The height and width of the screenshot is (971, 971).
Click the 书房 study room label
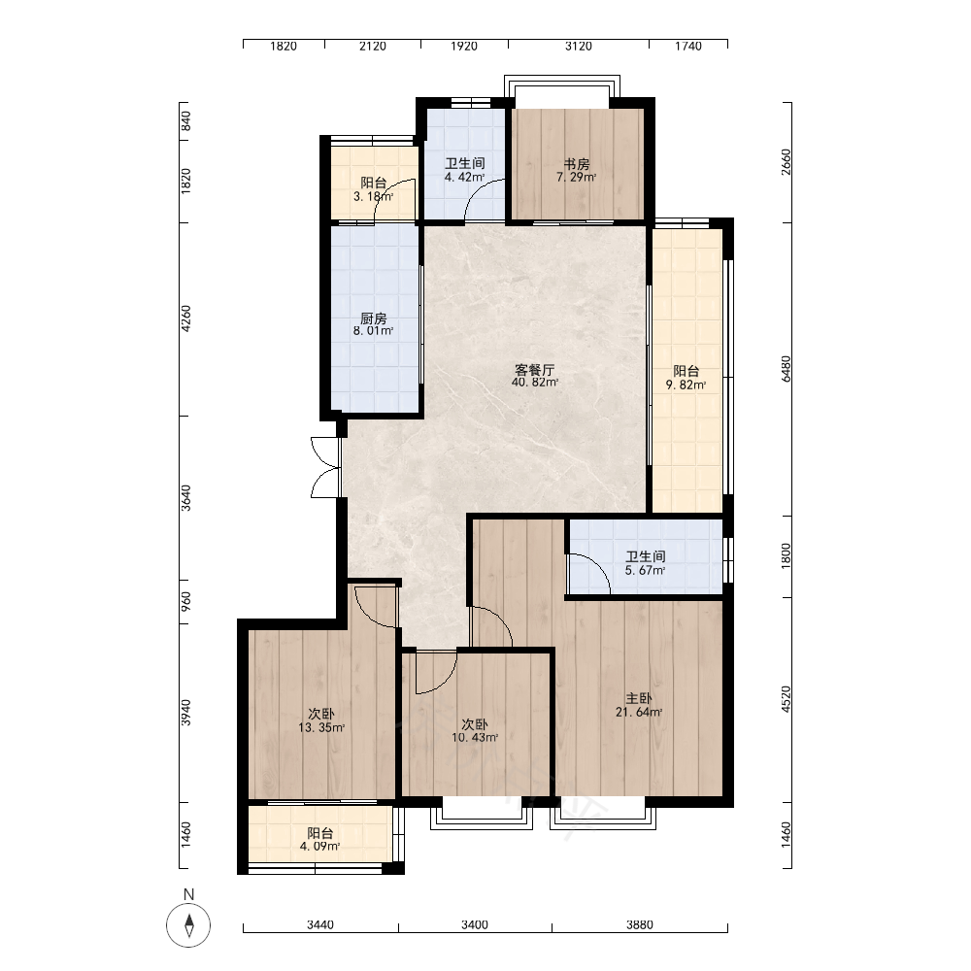point(576,165)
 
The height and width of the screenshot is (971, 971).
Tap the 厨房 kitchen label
point(374,318)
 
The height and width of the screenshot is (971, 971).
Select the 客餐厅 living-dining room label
point(534,370)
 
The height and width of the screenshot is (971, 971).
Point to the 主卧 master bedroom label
point(639,698)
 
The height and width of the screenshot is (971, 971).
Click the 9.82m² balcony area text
point(686,385)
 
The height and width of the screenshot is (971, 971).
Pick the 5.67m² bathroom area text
point(646,570)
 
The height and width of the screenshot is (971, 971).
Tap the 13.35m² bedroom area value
point(321,727)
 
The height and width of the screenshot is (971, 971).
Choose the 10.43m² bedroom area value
point(475,738)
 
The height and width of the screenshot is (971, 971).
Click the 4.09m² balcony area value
point(320,847)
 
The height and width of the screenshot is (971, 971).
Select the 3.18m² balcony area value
point(374,197)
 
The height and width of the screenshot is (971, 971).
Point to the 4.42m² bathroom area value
point(464,177)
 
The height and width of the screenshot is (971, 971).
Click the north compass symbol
point(188,925)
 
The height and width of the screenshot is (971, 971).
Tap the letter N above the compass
point(189,894)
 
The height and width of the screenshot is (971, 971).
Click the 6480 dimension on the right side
point(786,368)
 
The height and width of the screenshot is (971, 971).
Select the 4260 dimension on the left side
point(185,318)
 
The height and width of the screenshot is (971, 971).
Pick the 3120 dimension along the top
point(579,46)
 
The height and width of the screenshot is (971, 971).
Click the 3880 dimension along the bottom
point(640,924)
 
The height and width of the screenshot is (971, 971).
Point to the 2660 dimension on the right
point(786,161)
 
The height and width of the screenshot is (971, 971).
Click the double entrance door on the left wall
point(326,468)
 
